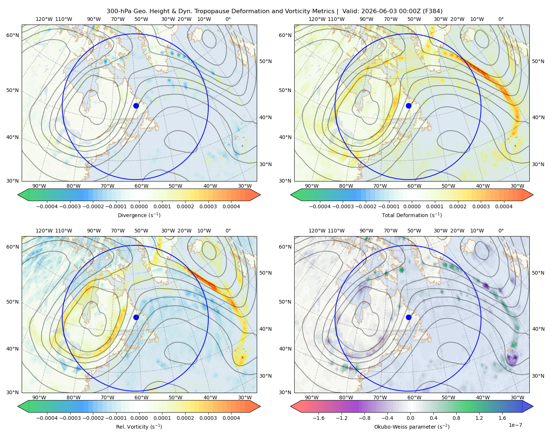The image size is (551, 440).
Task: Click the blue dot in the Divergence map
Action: pyautogui.click(x=136, y=106)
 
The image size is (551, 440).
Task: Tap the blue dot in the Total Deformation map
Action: pyautogui.click(x=408, y=106)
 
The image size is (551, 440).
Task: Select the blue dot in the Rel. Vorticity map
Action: pyautogui.click(x=136, y=317)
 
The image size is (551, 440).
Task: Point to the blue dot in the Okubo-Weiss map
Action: pyautogui.click(x=408, y=317)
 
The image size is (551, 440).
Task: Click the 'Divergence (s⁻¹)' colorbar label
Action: pyautogui.click(x=139, y=215)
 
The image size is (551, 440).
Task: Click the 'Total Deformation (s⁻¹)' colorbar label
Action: pyautogui.click(x=412, y=215)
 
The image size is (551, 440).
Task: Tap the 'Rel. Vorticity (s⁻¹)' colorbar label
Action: pyautogui.click(x=139, y=427)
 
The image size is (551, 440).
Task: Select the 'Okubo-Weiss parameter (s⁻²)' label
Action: pyautogui.click(x=412, y=427)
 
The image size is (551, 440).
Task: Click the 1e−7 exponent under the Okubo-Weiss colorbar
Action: pyautogui.click(x=515, y=425)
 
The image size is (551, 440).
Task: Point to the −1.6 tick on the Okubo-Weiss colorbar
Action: pyautogui.click(x=318, y=418)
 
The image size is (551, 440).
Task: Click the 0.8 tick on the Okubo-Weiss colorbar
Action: pyautogui.click(x=456, y=418)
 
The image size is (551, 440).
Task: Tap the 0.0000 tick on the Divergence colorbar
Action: pyautogui.click(x=139, y=206)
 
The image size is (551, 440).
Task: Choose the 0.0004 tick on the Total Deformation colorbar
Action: pyautogui.click(x=504, y=206)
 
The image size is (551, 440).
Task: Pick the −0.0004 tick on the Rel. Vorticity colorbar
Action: pyautogui.click(x=47, y=418)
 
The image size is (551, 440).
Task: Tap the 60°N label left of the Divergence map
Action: pyautogui.click(x=13, y=35)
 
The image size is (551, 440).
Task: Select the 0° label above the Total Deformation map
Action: pyautogui.click(x=501, y=19)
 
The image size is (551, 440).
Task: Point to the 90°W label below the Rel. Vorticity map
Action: pyautogui.click(x=39, y=397)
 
